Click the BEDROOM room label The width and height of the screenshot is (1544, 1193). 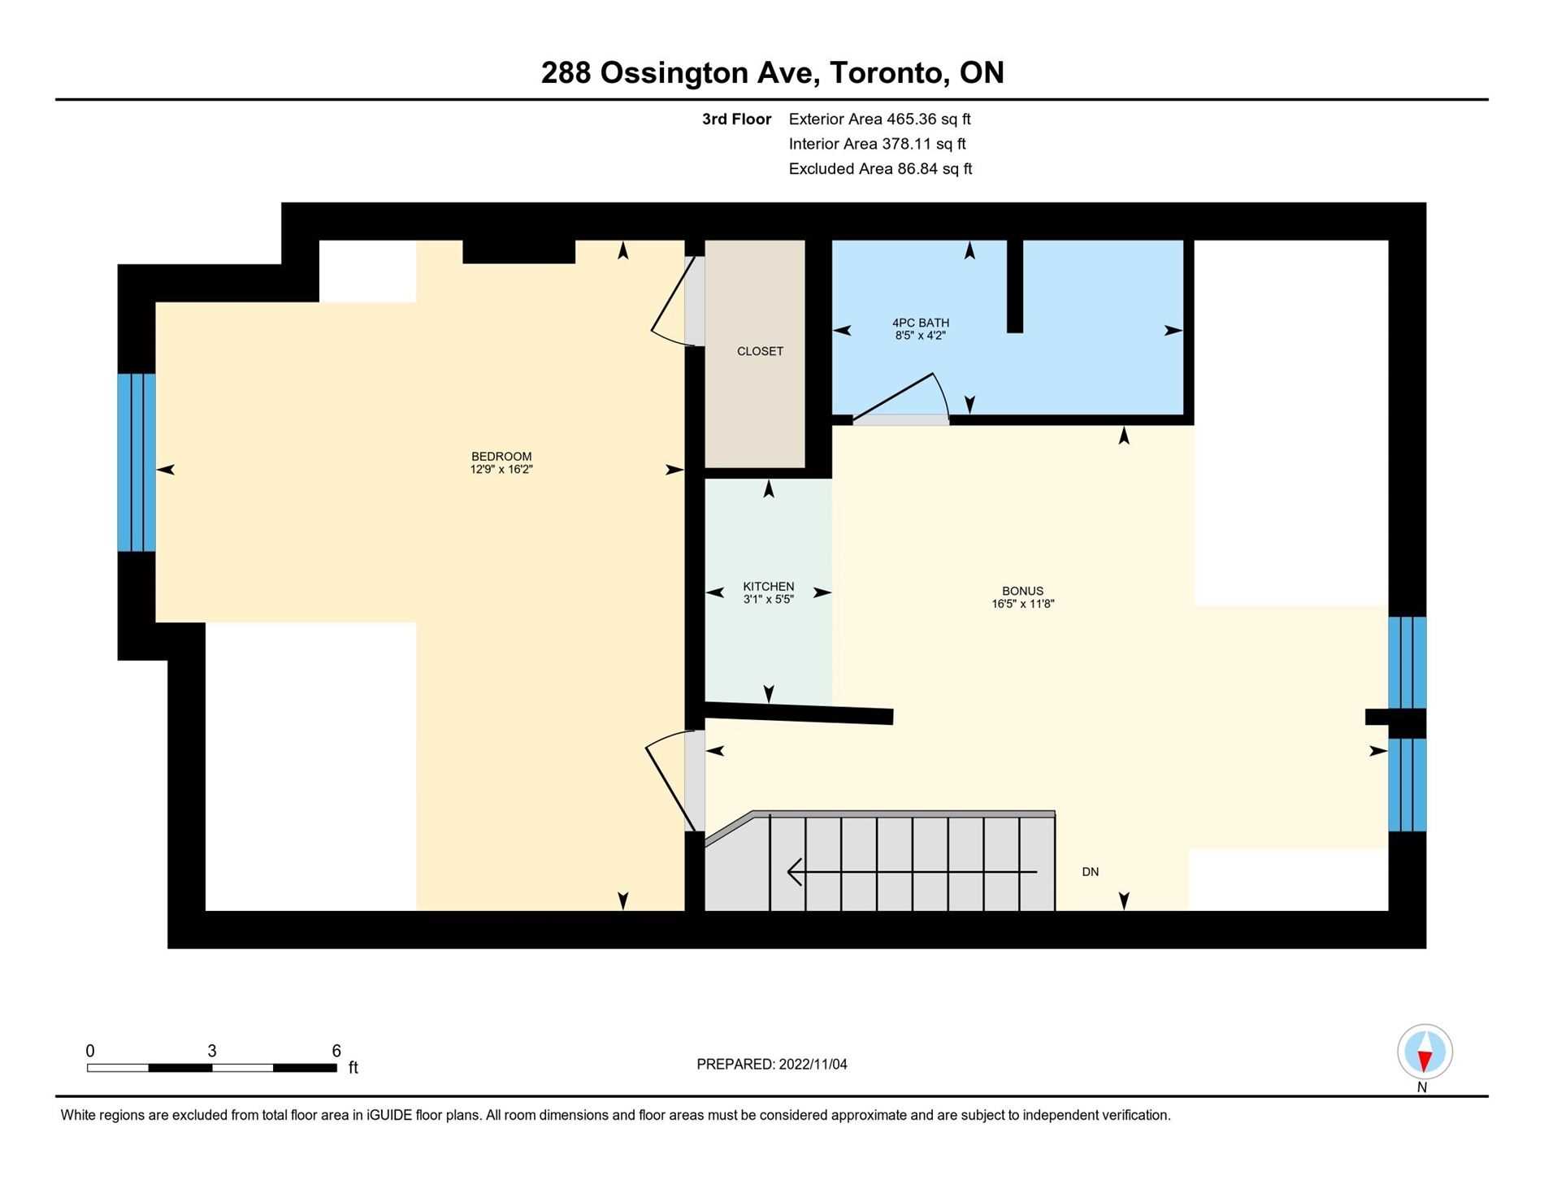pyautogui.click(x=501, y=456)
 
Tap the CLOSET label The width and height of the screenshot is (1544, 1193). pyautogui.click(x=760, y=351)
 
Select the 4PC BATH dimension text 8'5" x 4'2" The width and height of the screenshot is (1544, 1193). pyautogui.click(x=920, y=335)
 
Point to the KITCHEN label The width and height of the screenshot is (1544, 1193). pyautogui.click(x=768, y=586)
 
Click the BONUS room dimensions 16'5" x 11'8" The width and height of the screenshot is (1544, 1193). pyautogui.click(x=1022, y=604)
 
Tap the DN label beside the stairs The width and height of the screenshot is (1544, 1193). pyautogui.click(x=1090, y=872)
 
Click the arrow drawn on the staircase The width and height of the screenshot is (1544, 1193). pyautogui.click(x=910, y=872)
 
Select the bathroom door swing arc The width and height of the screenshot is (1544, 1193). pyautogui.click(x=902, y=397)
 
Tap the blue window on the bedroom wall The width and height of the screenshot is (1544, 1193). pyautogui.click(x=137, y=462)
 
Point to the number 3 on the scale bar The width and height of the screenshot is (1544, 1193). pyautogui.click(x=212, y=1051)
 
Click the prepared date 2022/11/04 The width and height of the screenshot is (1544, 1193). pyautogui.click(x=812, y=1065)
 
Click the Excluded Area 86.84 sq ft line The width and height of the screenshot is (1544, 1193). pyautogui.click(x=880, y=169)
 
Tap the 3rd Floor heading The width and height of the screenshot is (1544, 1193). pyautogui.click(x=736, y=119)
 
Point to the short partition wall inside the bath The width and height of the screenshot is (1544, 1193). pyautogui.click(x=1014, y=286)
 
